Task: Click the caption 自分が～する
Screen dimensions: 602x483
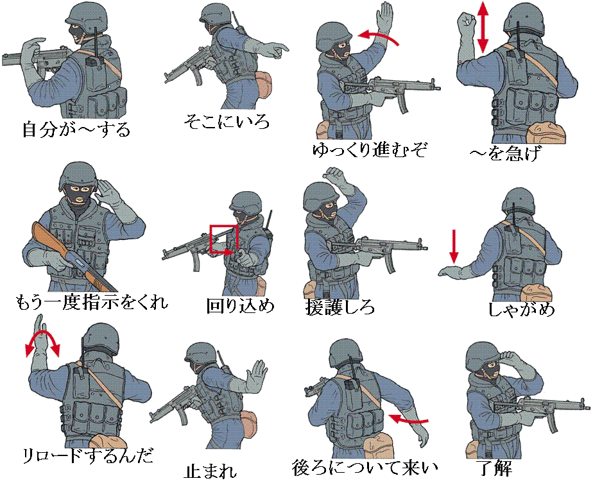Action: click(x=76, y=130)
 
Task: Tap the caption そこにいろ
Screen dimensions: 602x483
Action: click(x=227, y=122)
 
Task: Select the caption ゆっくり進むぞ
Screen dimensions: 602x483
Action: click(x=369, y=150)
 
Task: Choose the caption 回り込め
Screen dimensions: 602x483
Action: click(x=240, y=306)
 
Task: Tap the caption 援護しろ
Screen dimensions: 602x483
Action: click(x=340, y=307)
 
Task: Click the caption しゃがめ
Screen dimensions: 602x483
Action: click(x=521, y=309)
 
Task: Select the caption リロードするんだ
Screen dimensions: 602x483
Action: click(x=88, y=455)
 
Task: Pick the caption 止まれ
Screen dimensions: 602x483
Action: click(x=210, y=471)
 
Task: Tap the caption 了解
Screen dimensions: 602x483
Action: click(x=494, y=467)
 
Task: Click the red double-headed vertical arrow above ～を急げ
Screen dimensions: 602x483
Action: click(x=483, y=28)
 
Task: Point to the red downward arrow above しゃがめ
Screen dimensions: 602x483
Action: click(x=454, y=246)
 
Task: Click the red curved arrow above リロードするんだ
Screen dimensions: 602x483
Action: click(x=42, y=333)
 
